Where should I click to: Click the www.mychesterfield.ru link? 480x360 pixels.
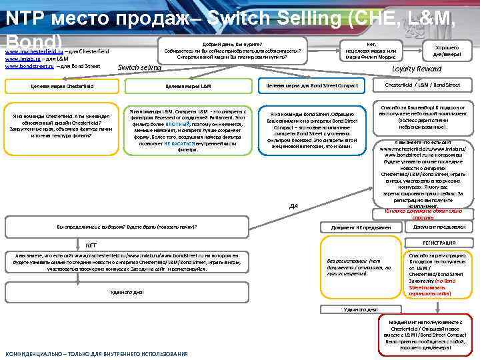click(x=34, y=51)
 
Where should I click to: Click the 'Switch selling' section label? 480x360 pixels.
click(x=139, y=67)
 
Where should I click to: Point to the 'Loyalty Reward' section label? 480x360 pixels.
click(x=417, y=69)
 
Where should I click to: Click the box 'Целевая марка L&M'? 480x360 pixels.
click(x=189, y=86)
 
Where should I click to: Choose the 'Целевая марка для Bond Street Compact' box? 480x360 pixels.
click(x=312, y=85)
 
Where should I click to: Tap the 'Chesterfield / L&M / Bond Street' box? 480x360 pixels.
click(x=423, y=85)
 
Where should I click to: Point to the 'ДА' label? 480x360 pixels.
click(x=293, y=205)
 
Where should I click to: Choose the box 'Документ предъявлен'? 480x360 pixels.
click(x=439, y=227)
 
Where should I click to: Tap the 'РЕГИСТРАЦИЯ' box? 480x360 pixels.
click(x=439, y=243)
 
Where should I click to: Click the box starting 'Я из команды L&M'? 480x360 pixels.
click(x=189, y=130)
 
